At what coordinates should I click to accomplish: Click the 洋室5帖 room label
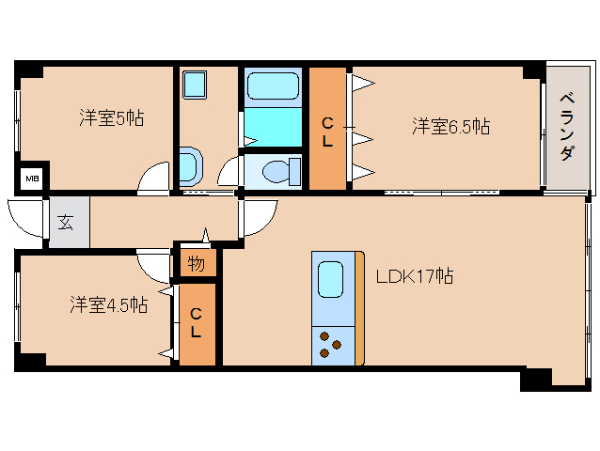click(x=111, y=119)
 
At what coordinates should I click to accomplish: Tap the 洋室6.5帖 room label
click(x=450, y=126)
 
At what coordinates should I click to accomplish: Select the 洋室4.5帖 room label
click(x=107, y=305)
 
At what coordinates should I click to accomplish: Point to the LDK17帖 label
click(x=415, y=276)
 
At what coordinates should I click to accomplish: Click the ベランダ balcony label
click(x=566, y=127)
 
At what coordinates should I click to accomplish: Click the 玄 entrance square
click(x=67, y=224)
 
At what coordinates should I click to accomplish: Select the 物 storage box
click(x=196, y=264)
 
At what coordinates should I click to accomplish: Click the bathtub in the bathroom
click(x=273, y=88)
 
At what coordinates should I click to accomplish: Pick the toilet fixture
click(x=279, y=171)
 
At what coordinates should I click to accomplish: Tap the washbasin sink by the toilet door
click(x=189, y=167)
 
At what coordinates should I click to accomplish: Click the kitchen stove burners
click(x=330, y=345)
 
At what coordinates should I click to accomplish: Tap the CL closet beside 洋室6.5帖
click(x=328, y=131)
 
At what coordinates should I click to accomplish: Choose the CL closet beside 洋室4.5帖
click(x=196, y=324)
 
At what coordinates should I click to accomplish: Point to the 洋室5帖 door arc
click(x=152, y=179)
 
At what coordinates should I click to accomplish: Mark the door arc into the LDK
click(x=257, y=219)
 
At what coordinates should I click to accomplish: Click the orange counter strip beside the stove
click(x=358, y=308)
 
